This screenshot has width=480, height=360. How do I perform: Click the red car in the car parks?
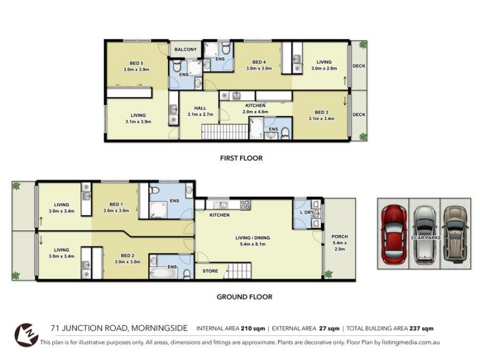click(x=394, y=234)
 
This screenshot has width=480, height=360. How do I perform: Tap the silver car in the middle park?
click(x=424, y=234)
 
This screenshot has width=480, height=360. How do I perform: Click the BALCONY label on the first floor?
click(x=185, y=50)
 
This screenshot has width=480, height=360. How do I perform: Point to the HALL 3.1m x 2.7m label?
click(x=200, y=111)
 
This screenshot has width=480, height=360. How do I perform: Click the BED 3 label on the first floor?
click(x=321, y=115)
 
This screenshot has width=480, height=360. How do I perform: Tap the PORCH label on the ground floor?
click(x=340, y=235)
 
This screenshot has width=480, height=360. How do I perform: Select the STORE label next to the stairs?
click(x=209, y=271)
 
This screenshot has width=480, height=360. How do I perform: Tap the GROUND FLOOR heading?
click(x=244, y=296)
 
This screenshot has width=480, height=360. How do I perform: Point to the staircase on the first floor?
click(x=223, y=131)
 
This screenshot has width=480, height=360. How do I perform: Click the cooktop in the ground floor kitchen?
click(x=245, y=205)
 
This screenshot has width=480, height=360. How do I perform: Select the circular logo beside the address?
click(x=25, y=334)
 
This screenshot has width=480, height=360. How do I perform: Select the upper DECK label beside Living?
click(x=359, y=66)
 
